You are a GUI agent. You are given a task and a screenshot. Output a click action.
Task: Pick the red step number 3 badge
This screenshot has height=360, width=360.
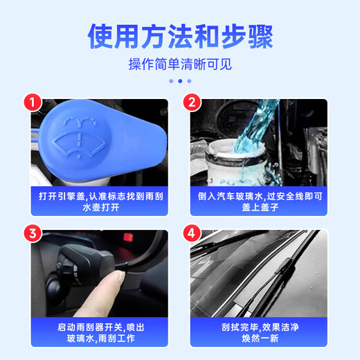(x=31, y=232)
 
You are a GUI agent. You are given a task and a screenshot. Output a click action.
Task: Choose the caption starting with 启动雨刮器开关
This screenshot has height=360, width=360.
(x=99, y=332)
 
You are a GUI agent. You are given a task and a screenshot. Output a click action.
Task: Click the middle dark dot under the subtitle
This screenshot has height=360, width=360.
(x=180, y=80)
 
